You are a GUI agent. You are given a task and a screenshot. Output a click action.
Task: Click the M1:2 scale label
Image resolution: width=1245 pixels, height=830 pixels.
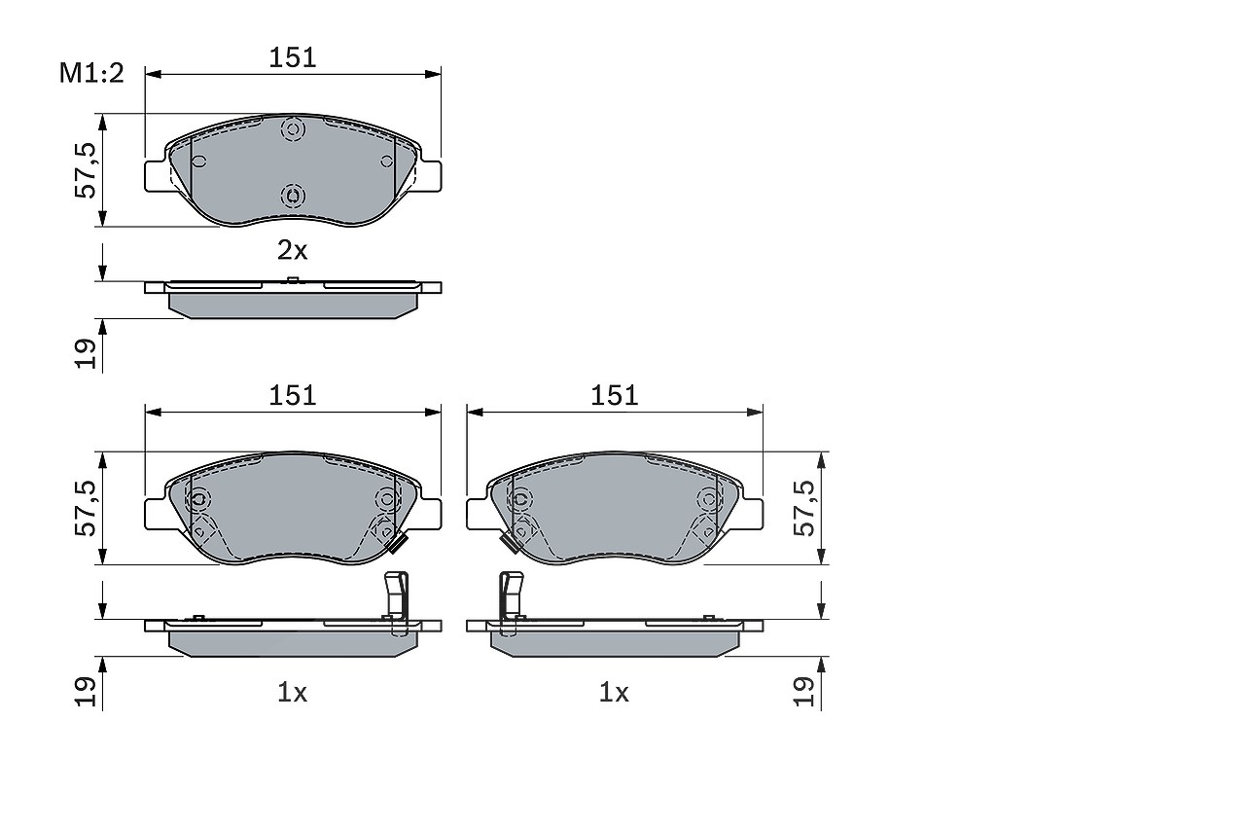91,73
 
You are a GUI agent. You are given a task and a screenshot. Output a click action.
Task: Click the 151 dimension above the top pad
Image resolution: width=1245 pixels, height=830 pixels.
293,57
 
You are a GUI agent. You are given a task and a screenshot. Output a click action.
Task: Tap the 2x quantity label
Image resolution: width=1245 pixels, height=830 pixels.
293,251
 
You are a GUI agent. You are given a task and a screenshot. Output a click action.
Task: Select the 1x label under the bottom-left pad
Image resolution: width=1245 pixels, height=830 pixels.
293,693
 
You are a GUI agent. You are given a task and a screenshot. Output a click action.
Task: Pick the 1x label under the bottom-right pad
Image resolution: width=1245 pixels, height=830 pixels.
614,693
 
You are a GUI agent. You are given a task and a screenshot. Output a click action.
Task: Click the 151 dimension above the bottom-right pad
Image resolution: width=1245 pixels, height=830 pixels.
614,396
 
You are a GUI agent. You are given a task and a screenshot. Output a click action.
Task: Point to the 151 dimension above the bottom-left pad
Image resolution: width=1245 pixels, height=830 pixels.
293,396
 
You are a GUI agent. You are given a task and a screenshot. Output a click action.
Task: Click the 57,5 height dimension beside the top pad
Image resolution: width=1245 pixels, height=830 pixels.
85,170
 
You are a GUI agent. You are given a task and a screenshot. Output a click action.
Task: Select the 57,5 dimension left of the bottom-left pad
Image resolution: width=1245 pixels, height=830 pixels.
85,508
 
